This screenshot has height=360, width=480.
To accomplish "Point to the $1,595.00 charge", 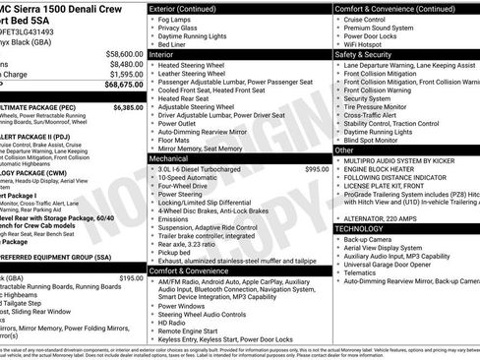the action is click(x=123, y=74).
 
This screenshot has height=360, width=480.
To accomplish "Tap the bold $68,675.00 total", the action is click(x=121, y=86).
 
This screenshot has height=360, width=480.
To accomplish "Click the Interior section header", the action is click(x=162, y=55).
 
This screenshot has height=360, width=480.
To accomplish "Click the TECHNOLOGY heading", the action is click(x=361, y=227).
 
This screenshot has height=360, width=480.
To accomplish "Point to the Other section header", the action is click(x=345, y=150).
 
